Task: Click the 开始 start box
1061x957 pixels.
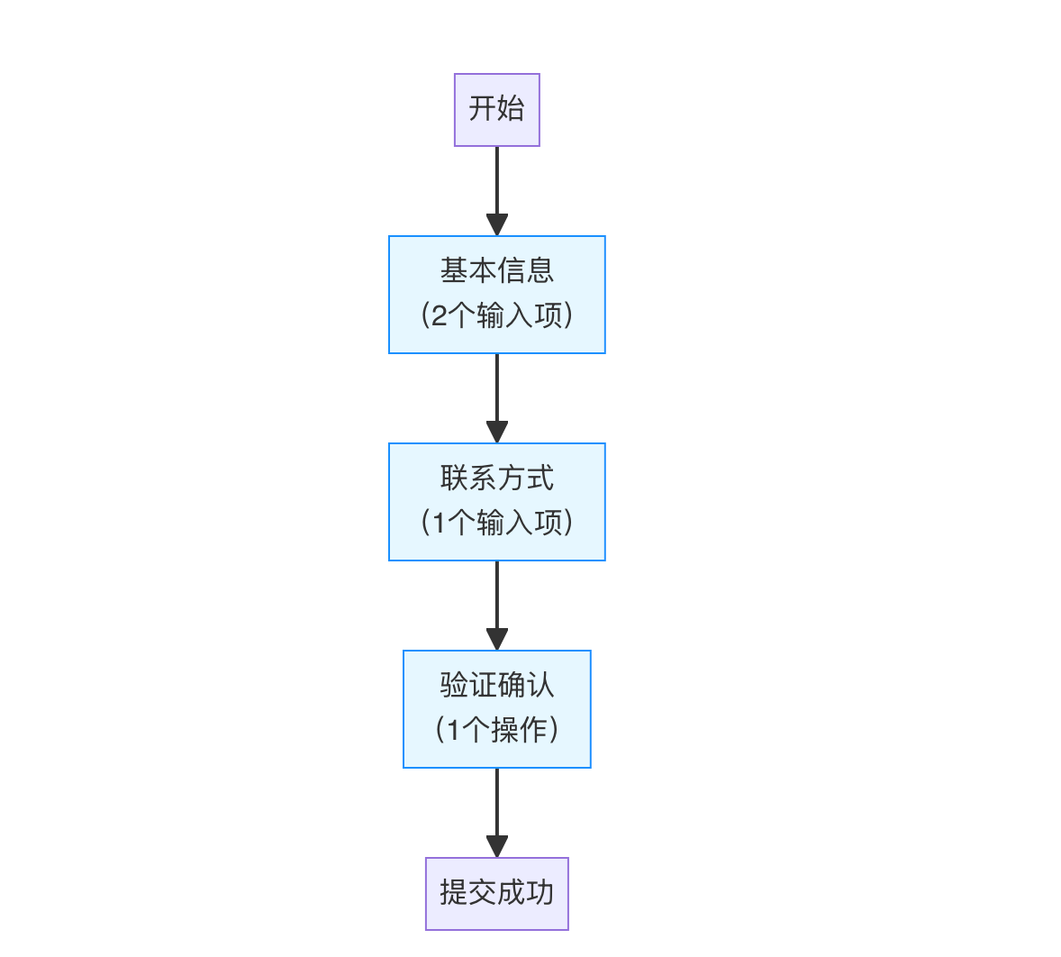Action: click(496, 110)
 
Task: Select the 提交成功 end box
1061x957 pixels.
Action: click(496, 893)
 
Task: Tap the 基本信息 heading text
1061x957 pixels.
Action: click(496, 270)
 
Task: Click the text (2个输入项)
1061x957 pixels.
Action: click(496, 315)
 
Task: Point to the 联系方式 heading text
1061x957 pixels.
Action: click(496, 478)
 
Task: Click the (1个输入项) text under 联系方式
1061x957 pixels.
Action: click(496, 523)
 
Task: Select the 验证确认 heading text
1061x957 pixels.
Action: click(496, 685)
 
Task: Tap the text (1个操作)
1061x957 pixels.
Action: click(496, 730)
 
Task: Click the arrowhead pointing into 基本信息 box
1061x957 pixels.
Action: click(496, 225)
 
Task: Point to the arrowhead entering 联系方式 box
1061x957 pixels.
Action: click(496, 433)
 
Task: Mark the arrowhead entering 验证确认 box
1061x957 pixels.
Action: click(496, 640)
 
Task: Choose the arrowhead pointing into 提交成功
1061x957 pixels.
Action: click(496, 847)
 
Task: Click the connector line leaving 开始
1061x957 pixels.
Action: click(496, 180)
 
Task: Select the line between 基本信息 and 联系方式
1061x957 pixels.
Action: click(496, 387)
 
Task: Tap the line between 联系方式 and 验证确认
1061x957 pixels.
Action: click(496, 595)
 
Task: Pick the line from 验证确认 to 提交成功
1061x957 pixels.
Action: click(496, 802)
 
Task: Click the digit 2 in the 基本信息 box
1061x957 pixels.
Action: click(439, 316)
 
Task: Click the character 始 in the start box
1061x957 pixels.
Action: click(511, 109)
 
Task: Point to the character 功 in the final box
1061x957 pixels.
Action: click(540, 893)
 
